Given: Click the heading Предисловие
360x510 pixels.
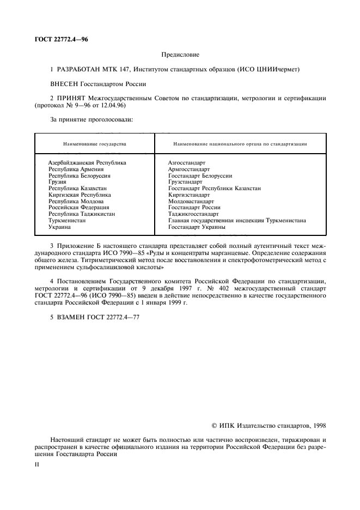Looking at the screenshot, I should point(181,54).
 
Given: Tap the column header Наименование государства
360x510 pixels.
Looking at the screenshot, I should point(95,144).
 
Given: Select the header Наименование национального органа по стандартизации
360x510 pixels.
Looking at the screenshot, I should point(240,144).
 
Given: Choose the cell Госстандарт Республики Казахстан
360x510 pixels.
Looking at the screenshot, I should point(215,189).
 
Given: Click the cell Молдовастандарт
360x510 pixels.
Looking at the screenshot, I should point(191,201).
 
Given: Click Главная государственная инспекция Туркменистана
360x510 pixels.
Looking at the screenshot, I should point(237,221).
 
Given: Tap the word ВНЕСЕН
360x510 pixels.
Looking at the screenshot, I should point(65,84).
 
